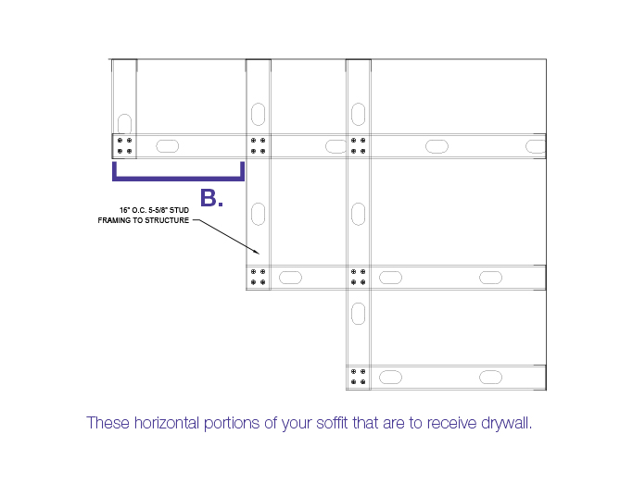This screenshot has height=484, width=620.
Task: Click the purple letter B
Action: point(209,198)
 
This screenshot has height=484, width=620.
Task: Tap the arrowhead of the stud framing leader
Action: point(257,252)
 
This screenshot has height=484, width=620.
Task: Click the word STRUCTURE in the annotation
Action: point(167,220)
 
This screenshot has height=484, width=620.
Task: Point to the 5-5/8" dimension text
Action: point(158,210)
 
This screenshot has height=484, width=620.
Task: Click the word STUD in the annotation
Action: point(179,210)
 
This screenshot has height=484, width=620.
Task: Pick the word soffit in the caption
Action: point(332,423)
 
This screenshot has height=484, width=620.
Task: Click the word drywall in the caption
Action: point(507,424)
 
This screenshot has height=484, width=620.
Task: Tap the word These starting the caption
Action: point(108,423)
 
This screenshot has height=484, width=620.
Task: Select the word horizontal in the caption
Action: point(167,423)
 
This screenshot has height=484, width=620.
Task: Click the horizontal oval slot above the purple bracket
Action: point(167,146)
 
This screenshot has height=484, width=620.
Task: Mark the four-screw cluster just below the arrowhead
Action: point(258,277)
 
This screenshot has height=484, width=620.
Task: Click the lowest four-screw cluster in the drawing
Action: point(358,377)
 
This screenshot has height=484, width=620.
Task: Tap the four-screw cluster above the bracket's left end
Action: point(124,145)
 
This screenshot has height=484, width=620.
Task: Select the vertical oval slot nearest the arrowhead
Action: point(258,214)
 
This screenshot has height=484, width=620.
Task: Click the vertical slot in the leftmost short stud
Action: point(124,124)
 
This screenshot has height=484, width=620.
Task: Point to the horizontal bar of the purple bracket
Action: point(178,179)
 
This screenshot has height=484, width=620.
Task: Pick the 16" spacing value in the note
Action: point(124,210)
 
